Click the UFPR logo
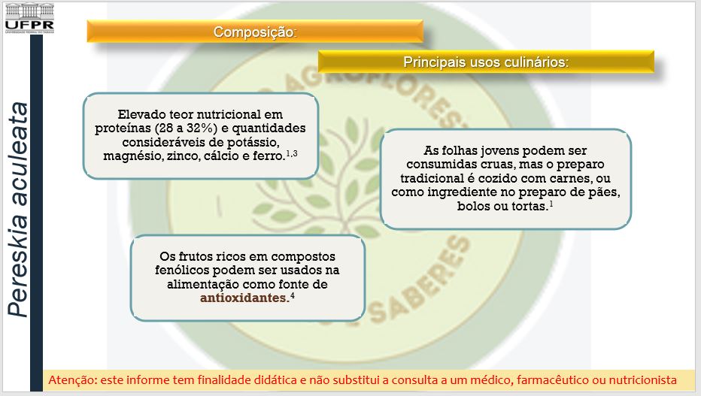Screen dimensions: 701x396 [x=29, y=19]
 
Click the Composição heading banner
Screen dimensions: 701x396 [x=255, y=32]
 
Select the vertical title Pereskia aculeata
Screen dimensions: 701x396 [x=18, y=210]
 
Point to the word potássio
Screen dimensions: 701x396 [x=253, y=142]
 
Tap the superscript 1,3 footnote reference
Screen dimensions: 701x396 [x=292, y=153]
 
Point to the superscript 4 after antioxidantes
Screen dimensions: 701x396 [x=293, y=295]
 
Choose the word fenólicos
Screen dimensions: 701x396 [x=182, y=270]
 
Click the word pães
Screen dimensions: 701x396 [x=605, y=192]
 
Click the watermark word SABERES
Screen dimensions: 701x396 [x=420, y=280]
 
